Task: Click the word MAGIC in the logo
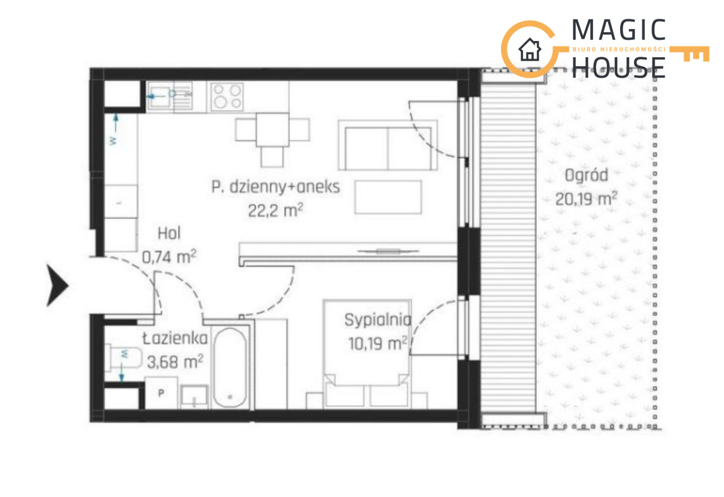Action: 618,30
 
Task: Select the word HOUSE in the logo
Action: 618,68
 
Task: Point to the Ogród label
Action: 586,176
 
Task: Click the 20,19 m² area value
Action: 586,198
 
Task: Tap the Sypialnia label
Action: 378,320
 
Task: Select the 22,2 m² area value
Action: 275,210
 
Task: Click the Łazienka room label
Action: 175,338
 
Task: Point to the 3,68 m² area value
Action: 175,361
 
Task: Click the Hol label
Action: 169,233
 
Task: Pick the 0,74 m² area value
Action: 169,256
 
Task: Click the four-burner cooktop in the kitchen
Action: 227,97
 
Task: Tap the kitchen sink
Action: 170,96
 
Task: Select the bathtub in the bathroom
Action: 230,367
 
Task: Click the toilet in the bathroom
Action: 124,358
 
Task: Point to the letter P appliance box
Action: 161,393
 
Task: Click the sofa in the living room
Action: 388,145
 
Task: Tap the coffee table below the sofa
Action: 388,197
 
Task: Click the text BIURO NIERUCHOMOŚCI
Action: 619,49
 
